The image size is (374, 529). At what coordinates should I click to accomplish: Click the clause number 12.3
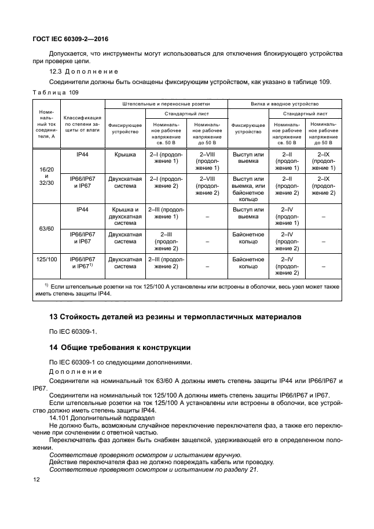point(56,71)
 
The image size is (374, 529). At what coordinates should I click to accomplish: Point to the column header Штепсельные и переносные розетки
point(166,103)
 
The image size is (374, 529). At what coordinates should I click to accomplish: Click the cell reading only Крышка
point(124,155)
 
